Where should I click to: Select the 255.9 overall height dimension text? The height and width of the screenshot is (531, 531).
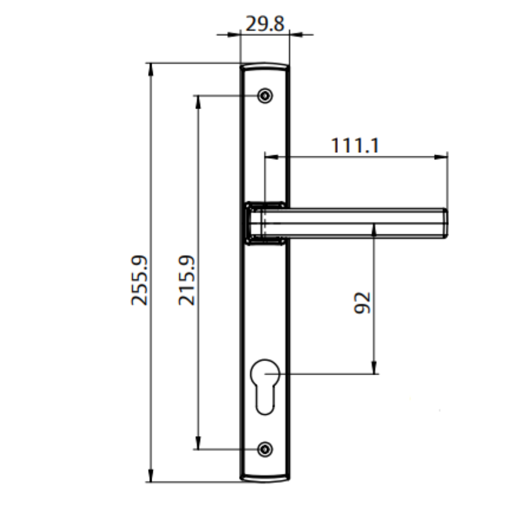point(139,280)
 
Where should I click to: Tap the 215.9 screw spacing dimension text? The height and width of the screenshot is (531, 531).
point(186,280)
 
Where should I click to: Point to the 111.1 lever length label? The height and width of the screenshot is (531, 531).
point(355,145)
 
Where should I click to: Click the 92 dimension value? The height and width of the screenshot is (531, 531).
point(363,302)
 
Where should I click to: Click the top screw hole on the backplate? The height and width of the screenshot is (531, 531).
point(265,96)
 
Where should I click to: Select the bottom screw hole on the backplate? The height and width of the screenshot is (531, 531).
point(265,449)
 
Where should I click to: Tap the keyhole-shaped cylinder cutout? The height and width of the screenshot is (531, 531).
point(265,383)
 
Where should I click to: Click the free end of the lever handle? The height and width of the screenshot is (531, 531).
point(444,222)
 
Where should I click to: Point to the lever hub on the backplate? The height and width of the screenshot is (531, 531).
point(265,222)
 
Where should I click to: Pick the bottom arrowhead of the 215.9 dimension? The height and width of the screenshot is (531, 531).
point(197,443)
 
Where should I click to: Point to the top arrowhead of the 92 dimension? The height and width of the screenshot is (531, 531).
point(374,230)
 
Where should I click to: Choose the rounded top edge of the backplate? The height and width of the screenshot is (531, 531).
point(265,64)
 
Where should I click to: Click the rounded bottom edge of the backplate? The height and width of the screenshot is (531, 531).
point(265,479)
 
